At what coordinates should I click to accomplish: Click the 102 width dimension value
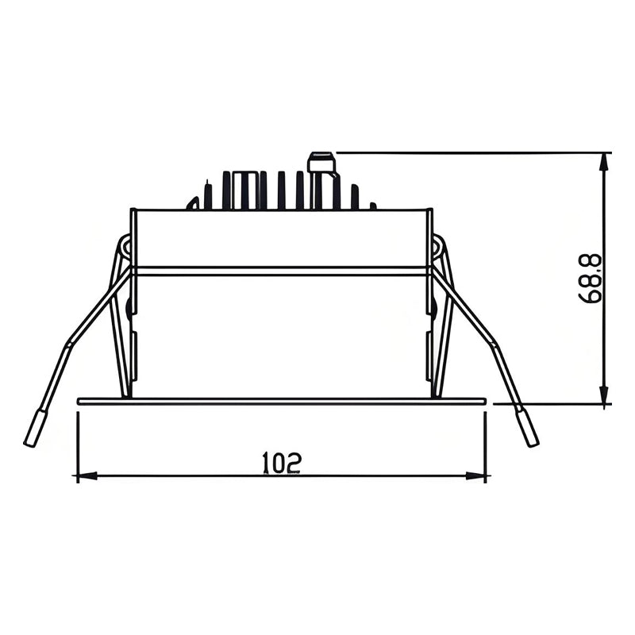pos(282,462)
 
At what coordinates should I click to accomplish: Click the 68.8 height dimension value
pos(591,279)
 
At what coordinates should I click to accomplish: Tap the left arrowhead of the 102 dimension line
pos(86,476)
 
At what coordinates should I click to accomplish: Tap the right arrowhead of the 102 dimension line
pos(477,476)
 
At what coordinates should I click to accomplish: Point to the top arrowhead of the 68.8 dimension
pos(604,162)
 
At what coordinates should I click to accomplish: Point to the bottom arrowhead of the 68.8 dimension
pos(604,394)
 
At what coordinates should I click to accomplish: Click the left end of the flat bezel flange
pos(80,402)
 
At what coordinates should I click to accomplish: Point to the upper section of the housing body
pos(282,238)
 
